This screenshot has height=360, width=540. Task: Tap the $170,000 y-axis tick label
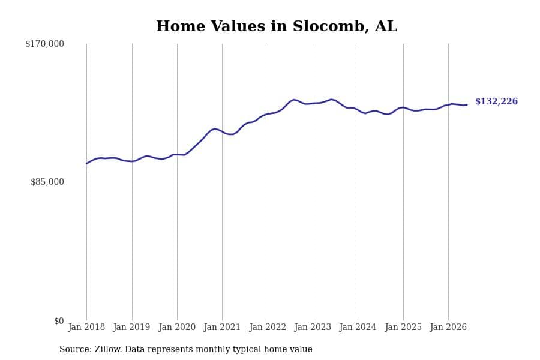pos(45,44)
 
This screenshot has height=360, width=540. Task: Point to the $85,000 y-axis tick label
pos(47,182)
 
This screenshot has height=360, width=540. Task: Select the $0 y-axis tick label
pos(59,321)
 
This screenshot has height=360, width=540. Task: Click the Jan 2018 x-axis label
pos(86,327)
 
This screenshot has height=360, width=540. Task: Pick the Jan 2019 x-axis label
pos(132,327)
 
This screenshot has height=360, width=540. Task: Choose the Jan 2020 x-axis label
pos(177,327)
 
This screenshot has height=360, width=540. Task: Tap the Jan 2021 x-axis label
pos(222,327)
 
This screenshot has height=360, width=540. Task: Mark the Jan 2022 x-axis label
pos(268,327)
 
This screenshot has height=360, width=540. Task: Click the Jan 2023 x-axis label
pos(313,327)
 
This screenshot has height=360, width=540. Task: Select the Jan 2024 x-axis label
pos(358,327)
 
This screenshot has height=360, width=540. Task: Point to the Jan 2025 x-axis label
pos(403,327)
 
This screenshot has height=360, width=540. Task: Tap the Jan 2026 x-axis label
pos(448,327)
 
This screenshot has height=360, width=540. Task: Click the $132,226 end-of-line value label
pos(497,101)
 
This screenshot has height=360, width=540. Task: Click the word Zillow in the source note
pos(108,349)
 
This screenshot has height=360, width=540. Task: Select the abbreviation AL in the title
pos(386,26)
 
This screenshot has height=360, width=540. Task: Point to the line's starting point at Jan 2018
pos(86,164)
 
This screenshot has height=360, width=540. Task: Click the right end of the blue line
pos(467,104)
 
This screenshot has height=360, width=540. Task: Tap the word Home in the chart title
pos(181,26)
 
